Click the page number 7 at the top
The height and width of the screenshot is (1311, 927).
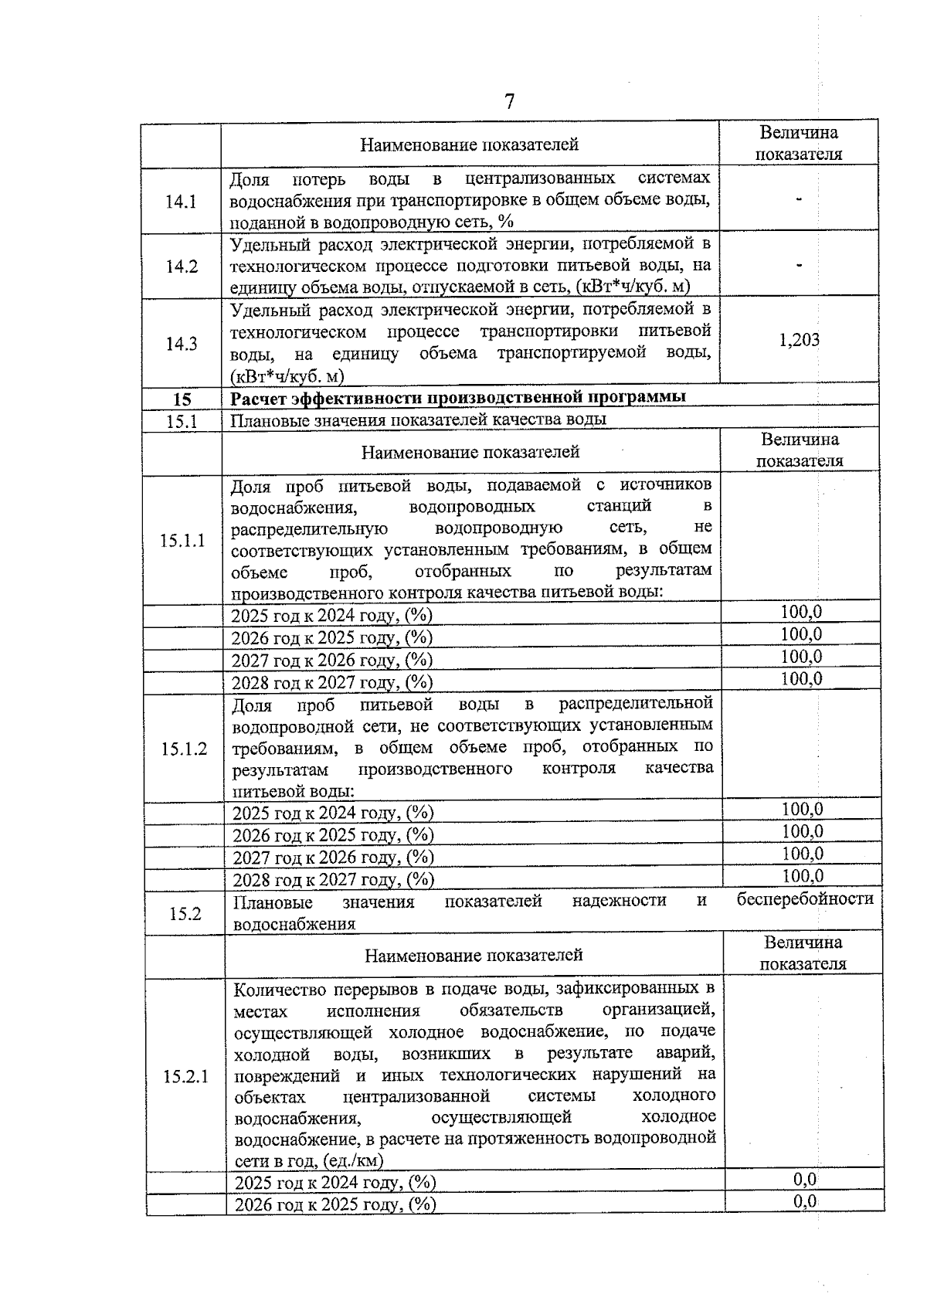point(509,102)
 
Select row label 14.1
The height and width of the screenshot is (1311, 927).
point(181,202)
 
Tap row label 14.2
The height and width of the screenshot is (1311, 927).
point(181,267)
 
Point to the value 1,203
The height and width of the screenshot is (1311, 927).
point(800,341)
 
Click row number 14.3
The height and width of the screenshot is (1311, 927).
point(181,345)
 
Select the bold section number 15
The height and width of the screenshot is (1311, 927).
point(182,399)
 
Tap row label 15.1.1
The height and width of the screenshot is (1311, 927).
point(183,540)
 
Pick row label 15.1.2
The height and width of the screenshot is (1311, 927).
point(184,749)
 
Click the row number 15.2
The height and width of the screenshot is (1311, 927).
point(185,914)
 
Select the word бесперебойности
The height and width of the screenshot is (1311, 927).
point(804,899)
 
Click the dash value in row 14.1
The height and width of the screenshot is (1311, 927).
point(799,200)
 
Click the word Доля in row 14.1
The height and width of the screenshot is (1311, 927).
point(250,180)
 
